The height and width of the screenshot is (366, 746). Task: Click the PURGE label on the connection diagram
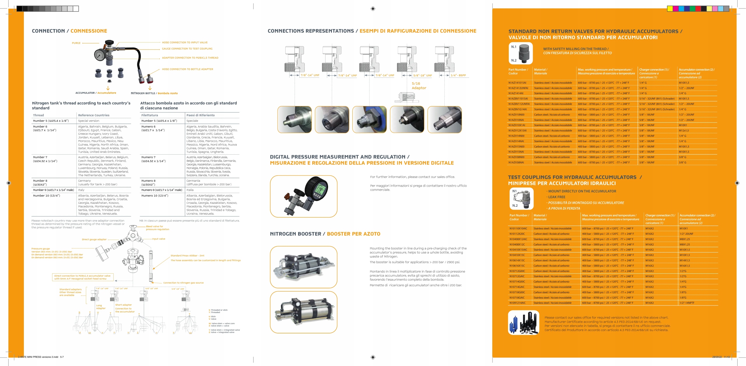[76, 43]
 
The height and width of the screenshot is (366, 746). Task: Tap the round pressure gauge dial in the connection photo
[100, 54]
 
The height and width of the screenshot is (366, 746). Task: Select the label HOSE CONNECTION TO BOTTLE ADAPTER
[187, 69]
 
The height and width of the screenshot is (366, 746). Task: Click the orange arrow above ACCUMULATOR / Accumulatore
[108, 88]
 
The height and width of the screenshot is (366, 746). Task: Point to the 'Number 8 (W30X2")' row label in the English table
[40, 183]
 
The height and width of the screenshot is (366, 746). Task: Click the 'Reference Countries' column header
[94, 115]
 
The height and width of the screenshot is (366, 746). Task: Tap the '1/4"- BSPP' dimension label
[458, 75]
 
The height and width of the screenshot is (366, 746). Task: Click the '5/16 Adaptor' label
[419, 86]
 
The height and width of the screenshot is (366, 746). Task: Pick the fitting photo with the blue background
[369, 119]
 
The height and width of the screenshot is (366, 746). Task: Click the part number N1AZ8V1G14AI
[518, 109]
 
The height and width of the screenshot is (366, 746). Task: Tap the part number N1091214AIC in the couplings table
[518, 303]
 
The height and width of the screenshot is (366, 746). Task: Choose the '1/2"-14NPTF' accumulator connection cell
[687, 303]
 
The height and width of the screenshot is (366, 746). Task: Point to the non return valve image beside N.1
[524, 54]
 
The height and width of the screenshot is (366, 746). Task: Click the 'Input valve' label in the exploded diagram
[159, 239]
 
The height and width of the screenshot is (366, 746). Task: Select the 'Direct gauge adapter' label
[94, 240]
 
